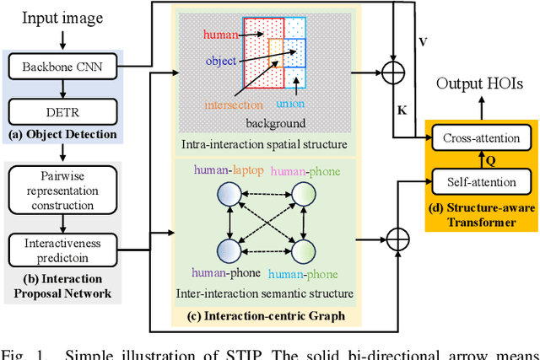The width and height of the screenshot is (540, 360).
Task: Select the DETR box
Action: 62,110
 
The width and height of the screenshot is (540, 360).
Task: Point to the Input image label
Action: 62,18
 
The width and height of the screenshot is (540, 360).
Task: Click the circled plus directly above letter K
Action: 392,75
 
